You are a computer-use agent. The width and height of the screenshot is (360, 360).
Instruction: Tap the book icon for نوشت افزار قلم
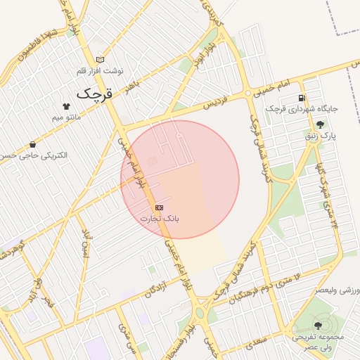[x=100, y=60]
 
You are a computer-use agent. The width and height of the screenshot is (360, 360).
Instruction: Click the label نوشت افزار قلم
[x=100, y=72]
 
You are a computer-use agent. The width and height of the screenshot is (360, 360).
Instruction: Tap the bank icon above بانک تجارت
[x=160, y=207]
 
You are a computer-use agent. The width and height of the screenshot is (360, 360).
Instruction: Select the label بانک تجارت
[x=160, y=219]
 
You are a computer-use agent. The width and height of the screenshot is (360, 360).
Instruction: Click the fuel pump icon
[x=302, y=98]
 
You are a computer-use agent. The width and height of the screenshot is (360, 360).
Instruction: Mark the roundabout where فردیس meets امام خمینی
[x=248, y=93]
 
